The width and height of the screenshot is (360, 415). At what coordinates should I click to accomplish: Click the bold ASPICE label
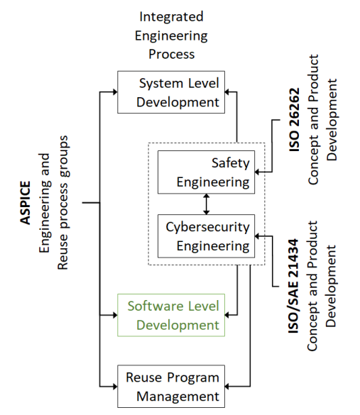coord(26,203)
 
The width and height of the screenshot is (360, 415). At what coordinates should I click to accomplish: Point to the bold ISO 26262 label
coord(294,120)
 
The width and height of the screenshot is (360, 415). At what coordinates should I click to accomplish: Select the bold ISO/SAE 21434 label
coord(293,286)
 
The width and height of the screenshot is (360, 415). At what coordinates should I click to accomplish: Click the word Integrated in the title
coord(171,16)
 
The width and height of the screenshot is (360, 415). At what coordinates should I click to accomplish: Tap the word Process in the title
coord(171,54)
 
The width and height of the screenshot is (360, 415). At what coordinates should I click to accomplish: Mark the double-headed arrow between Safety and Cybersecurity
coord(207,204)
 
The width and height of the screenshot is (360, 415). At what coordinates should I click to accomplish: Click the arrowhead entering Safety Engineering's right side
coord(257,172)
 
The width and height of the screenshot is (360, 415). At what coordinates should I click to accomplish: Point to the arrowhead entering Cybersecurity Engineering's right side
coord(257,236)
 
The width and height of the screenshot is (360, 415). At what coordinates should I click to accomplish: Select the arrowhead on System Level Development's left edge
coord(115,92)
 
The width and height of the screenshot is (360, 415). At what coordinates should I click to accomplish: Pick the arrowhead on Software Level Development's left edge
coord(115,315)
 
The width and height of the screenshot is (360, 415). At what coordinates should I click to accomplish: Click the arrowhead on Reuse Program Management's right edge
coord(227,387)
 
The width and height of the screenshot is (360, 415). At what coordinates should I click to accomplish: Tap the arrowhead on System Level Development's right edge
coord(227,92)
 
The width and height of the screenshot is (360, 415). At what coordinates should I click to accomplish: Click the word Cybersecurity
coord(207,227)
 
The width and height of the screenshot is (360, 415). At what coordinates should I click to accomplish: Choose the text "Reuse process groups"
coord(62,203)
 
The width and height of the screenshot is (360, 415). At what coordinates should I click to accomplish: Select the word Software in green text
coord(156,306)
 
